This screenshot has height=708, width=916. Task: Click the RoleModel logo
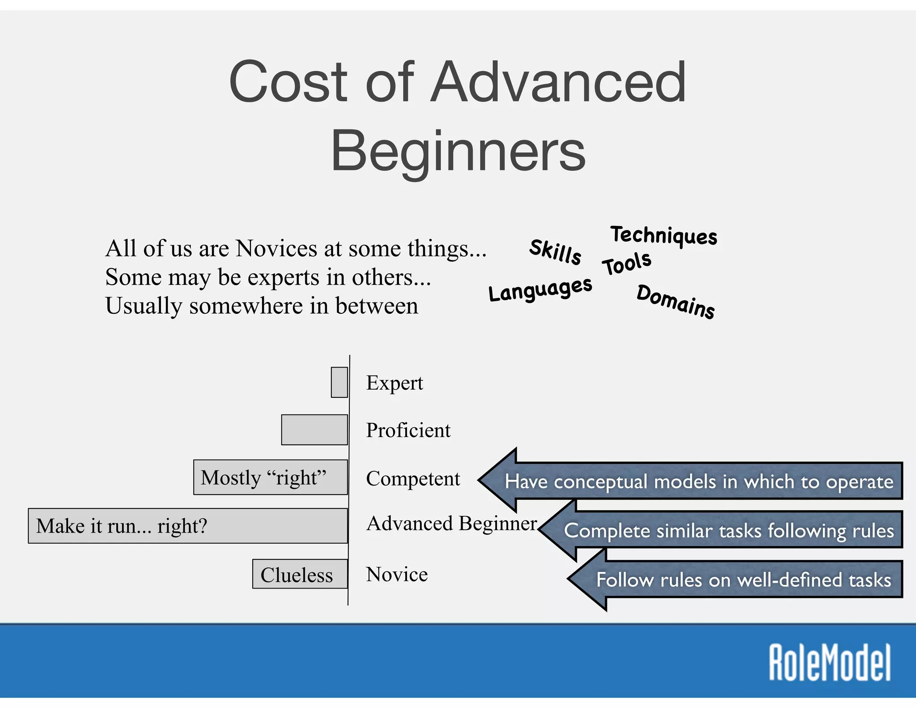pos(830,662)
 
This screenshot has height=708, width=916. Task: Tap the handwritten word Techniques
pos(664,235)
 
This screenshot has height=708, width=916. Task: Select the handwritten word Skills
pos(556,252)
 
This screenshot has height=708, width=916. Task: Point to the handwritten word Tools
pos(627,264)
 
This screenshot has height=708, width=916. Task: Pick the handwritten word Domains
pos(676,302)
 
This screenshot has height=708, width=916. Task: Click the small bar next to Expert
pos(339,382)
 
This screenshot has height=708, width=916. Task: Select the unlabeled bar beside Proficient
pos(314,430)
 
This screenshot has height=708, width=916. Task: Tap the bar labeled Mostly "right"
pos(271,478)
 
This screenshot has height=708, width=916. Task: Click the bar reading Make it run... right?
pos(188,526)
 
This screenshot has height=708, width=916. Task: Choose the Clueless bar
pos(300,574)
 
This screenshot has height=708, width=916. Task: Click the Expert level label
pos(394,383)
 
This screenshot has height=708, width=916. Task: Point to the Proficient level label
pos(408,431)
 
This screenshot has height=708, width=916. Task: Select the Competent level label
pos(413,479)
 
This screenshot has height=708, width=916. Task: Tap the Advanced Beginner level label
pos(452,524)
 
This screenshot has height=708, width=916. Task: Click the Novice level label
pos(397,575)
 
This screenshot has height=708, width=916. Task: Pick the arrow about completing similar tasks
pos(729,531)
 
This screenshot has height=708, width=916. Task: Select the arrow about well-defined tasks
pos(742,580)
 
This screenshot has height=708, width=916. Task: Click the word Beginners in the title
pos(458,150)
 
